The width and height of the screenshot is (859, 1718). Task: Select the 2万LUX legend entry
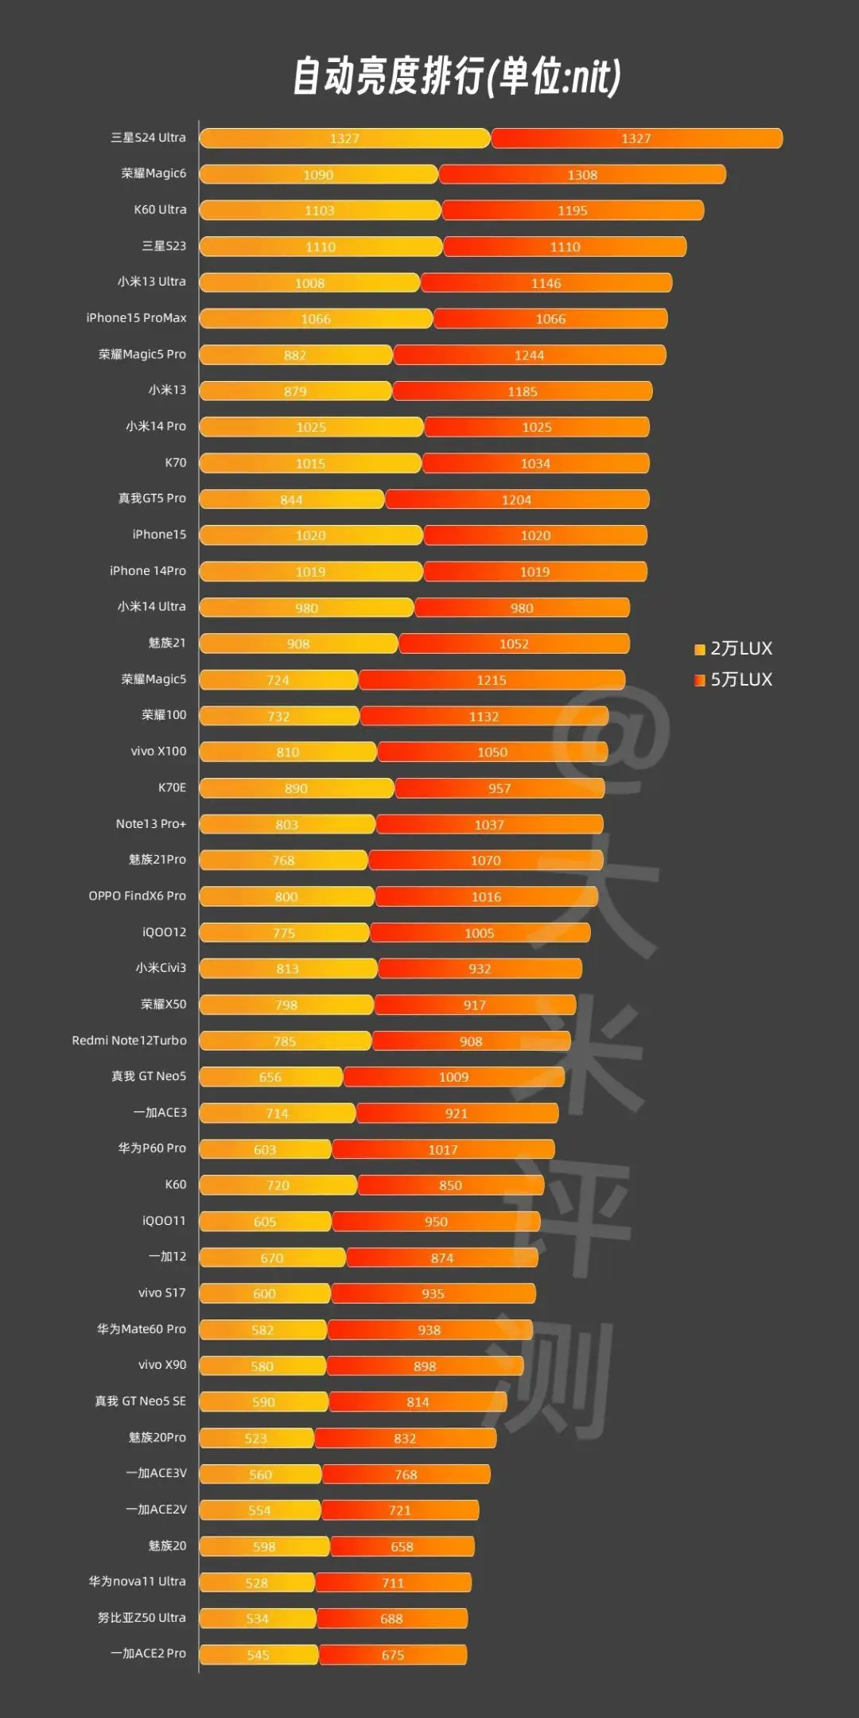(733, 649)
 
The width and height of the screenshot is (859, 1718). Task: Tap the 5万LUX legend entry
(733, 680)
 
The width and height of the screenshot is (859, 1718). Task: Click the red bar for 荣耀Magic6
(581, 175)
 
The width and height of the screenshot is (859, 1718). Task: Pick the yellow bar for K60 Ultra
(320, 211)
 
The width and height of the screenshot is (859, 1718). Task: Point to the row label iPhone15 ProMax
(136, 318)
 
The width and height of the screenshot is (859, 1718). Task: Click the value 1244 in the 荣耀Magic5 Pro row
(529, 356)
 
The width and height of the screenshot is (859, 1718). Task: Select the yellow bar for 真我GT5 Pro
(291, 499)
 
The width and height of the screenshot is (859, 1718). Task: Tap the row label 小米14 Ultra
(151, 607)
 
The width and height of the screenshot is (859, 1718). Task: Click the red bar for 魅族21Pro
(485, 861)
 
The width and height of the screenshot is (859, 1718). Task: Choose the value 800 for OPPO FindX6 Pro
(286, 897)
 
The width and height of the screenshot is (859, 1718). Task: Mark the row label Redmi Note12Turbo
(129, 1040)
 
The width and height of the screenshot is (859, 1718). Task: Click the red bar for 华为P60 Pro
(443, 1149)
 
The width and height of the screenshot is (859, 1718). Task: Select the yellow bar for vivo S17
(264, 1294)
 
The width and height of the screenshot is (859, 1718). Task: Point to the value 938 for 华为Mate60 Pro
(429, 1330)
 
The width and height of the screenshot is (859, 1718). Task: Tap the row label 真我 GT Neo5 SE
(140, 1401)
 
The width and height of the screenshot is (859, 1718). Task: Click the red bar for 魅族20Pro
(405, 1438)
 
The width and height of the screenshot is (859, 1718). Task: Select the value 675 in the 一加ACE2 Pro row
(393, 1655)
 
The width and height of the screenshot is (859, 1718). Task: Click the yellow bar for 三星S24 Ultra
(344, 138)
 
